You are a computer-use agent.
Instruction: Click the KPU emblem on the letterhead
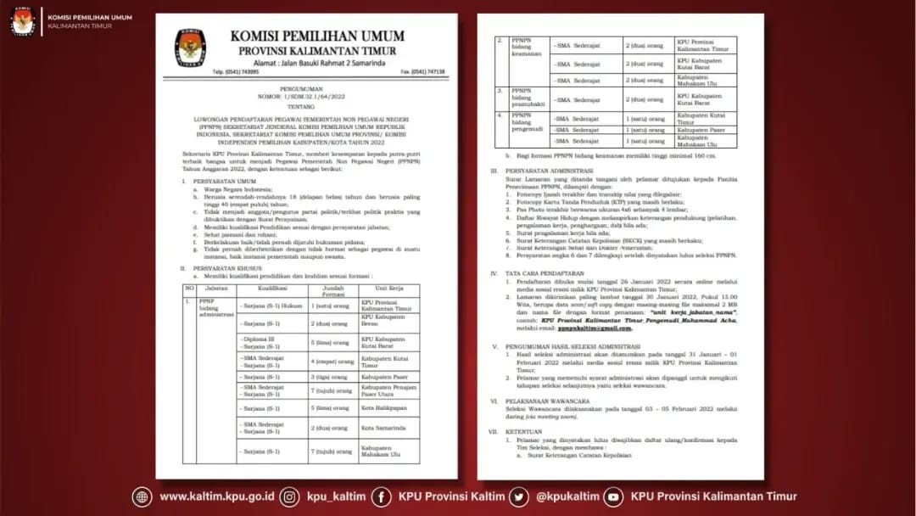(190, 48)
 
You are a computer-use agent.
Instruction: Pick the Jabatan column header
(217, 288)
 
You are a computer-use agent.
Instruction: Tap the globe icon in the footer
(142, 496)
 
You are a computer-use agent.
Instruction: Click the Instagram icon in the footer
(290, 496)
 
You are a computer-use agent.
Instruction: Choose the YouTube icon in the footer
(613, 496)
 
